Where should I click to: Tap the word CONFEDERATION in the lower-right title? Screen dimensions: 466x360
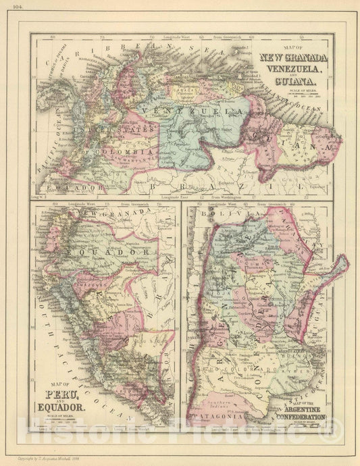(x=298, y=419)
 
